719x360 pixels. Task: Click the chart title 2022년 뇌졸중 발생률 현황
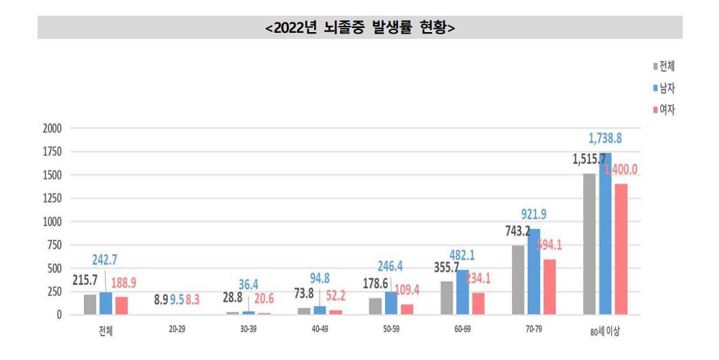tap(360, 28)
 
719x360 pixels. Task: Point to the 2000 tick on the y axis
tap(52, 128)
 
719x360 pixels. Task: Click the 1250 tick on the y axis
tap(52, 199)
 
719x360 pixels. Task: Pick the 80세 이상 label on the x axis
tap(605, 332)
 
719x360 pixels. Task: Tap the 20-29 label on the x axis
tap(177, 329)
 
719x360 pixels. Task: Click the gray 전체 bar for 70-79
tap(518, 280)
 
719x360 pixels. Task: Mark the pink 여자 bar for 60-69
tap(478, 304)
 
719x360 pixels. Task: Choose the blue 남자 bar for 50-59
tap(391, 303)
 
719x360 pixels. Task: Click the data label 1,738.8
tap(604, 139)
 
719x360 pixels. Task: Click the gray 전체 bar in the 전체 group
tap(91, 305)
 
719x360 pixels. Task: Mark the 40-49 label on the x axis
tap(320, 329)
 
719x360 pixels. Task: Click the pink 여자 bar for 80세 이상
tap(621, 249)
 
